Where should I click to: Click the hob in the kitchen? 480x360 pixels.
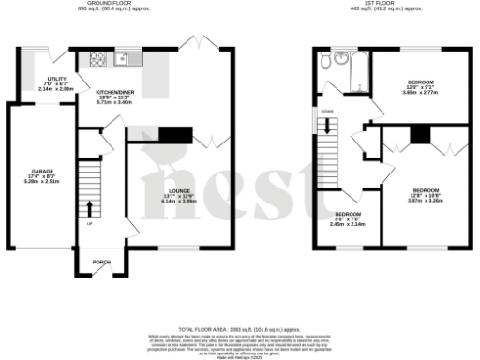97,60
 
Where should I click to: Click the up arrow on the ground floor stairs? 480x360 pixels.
90,207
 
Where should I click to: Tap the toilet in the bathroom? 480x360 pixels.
324,62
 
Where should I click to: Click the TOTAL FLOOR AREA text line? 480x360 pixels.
239,330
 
